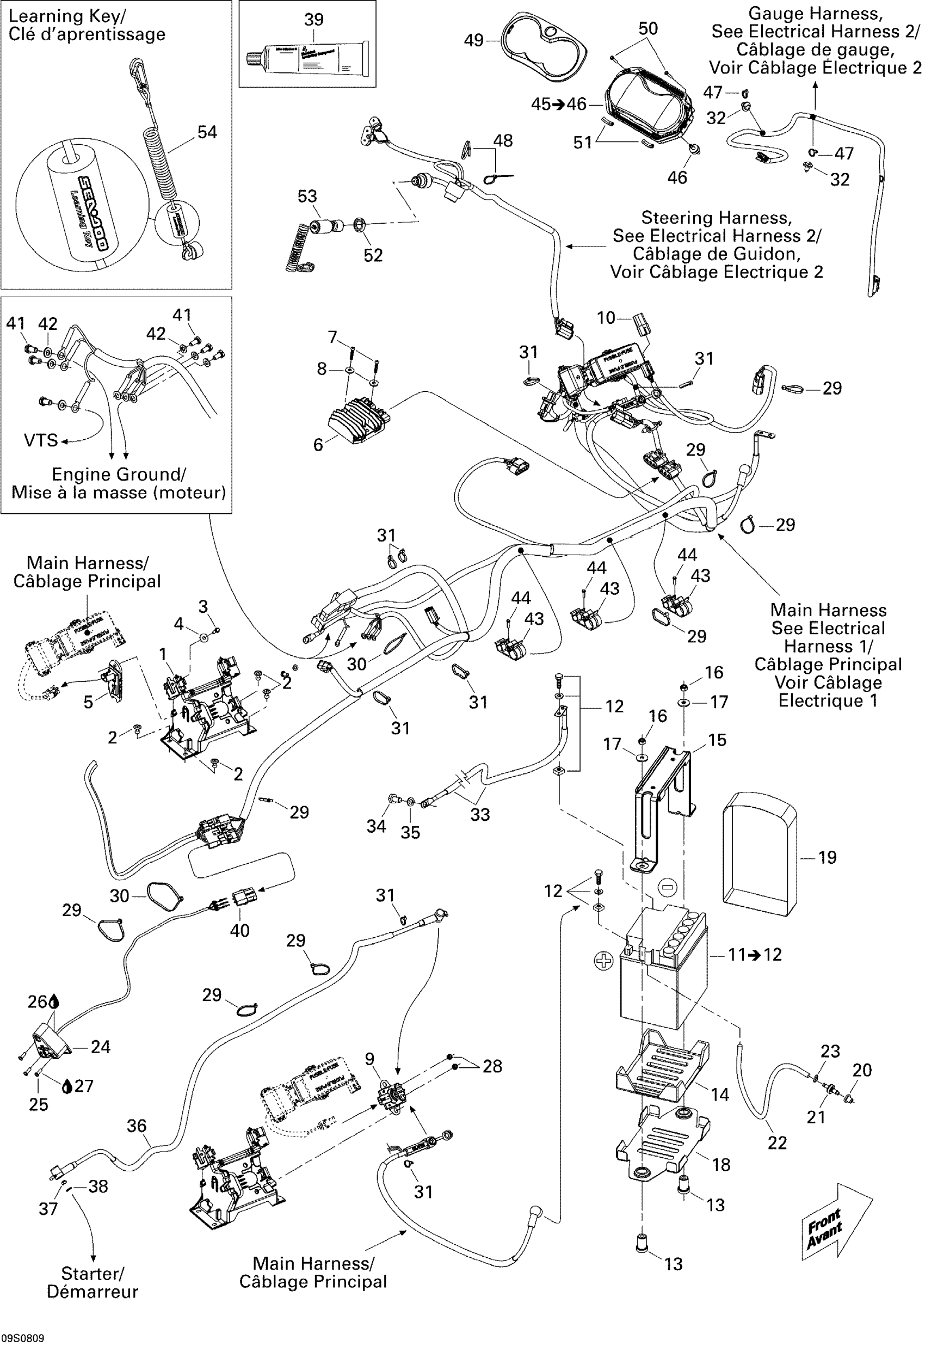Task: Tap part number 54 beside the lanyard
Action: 207,132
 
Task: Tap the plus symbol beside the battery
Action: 603,961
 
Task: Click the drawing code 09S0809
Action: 23,1338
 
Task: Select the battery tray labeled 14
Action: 661,1067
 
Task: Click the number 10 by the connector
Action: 606,318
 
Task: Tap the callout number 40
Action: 239,930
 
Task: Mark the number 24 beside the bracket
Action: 101,1046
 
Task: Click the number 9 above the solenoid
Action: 370,1059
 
